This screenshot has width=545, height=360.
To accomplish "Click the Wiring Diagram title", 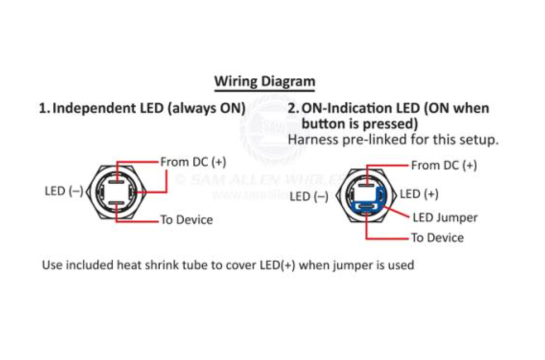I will click(x=264, y=81).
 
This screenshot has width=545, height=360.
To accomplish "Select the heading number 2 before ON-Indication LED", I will click(x=293, y=108).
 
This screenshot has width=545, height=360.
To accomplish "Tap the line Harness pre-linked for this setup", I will click(x=393, y=140).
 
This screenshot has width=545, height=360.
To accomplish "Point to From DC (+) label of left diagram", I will click(x=193, y=162).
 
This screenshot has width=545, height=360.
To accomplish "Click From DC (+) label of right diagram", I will click(x=444, y=166).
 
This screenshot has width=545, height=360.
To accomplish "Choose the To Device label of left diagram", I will click(x=187, y=220).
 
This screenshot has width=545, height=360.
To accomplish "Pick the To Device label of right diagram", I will click(x=438, y=238).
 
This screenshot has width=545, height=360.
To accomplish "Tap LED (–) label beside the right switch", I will click(x=309, y=197).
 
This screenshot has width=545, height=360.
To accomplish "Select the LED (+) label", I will click(x=419, y=194).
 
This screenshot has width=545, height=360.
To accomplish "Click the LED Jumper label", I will click(x=445, y=217).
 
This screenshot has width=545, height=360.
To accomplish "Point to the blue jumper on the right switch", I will click(x=368, y=205).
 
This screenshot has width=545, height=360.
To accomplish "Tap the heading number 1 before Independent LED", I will click(x=43, y=108).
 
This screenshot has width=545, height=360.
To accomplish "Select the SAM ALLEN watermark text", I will click(x=259, y=180).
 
